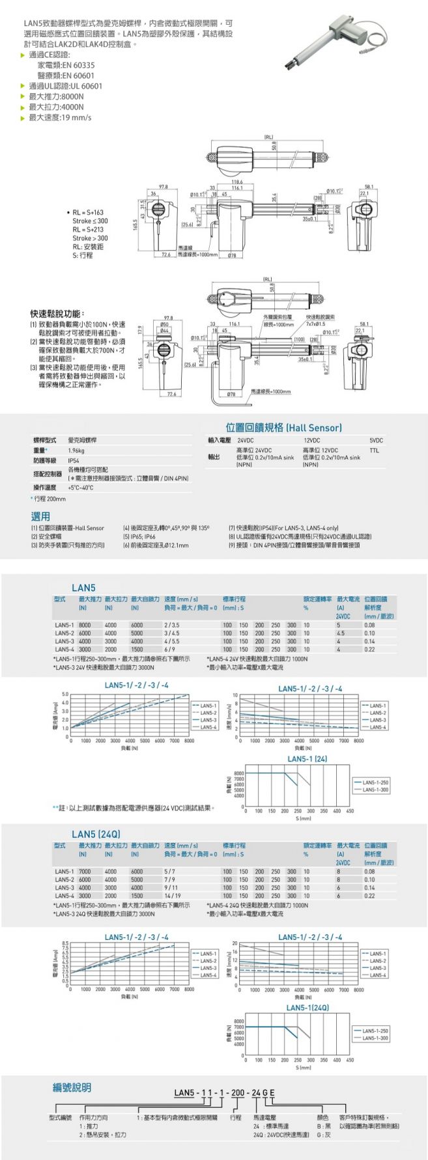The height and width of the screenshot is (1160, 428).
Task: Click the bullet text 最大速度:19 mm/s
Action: tap(59, 117)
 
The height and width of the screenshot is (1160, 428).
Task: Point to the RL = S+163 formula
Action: tap(88, 213)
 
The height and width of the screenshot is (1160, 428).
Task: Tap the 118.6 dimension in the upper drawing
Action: tap(236, 182)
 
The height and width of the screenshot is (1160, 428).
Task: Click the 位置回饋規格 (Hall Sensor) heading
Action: tap(283, 428)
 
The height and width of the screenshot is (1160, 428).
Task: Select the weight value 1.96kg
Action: tap(77, 450)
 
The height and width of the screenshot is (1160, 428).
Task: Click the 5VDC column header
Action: tap(376, 441)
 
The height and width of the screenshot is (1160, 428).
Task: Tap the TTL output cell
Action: tap(373, 450)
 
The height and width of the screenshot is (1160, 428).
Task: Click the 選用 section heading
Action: tap(40, 516)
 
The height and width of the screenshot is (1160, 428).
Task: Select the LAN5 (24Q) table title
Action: tap(96, 834)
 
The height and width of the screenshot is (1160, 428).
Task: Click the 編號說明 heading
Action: tap(72, 1087)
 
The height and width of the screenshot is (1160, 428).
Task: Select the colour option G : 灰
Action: tap(324, 1134)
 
